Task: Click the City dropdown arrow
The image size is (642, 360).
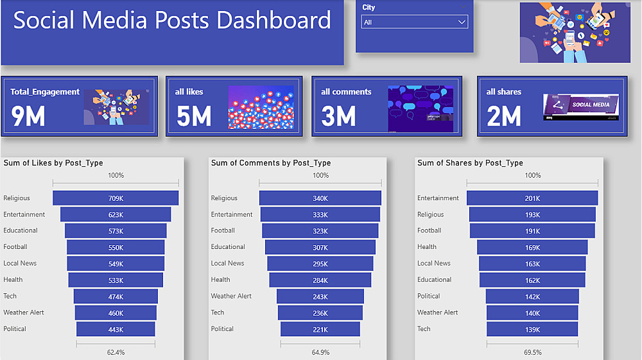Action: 461,22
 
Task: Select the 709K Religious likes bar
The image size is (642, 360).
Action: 116,198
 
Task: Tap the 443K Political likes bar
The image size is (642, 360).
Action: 116,329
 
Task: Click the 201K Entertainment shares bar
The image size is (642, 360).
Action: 532,198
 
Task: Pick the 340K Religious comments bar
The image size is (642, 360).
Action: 320,198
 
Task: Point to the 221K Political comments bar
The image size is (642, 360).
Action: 320,329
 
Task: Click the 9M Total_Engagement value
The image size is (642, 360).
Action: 28,116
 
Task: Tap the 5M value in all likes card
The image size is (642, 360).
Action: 193,116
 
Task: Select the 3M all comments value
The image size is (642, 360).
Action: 338,116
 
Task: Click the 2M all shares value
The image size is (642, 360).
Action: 503,116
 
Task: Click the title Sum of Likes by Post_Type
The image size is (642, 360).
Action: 53,163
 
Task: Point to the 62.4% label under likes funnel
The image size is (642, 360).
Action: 116,352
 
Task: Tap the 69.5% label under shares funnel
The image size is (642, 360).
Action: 532,352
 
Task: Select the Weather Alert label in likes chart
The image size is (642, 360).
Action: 24,313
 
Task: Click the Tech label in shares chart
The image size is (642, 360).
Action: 424,329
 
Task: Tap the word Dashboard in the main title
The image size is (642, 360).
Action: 273,21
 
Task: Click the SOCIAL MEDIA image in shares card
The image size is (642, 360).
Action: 580,107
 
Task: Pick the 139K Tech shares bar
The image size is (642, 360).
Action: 532,329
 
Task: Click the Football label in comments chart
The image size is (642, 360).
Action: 223,230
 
